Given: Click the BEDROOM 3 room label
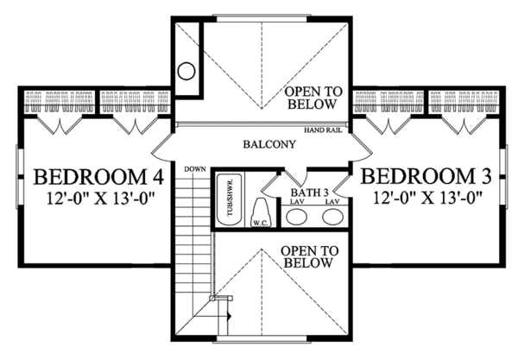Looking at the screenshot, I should tap(426, 177).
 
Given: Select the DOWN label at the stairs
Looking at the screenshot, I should tap(193, 168).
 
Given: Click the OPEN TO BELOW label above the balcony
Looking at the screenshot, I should tap(312, 98).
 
